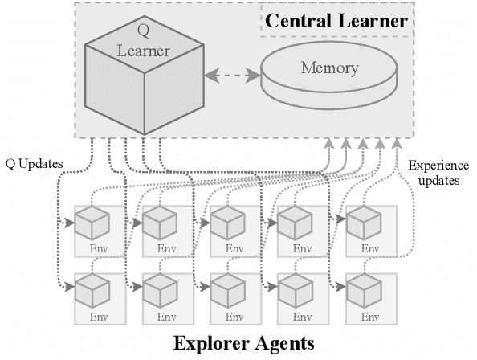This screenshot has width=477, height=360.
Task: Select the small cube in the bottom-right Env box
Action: [x=362, y=289]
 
